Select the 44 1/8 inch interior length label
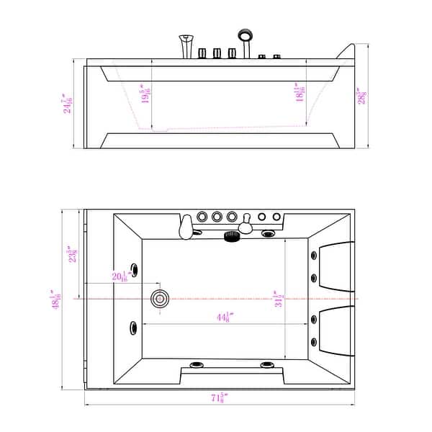click(222, 315)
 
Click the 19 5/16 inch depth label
click(146, 94)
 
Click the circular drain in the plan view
click(159, 299)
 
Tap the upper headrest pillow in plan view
click(336, 264)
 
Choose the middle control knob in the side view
click(216, 54)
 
